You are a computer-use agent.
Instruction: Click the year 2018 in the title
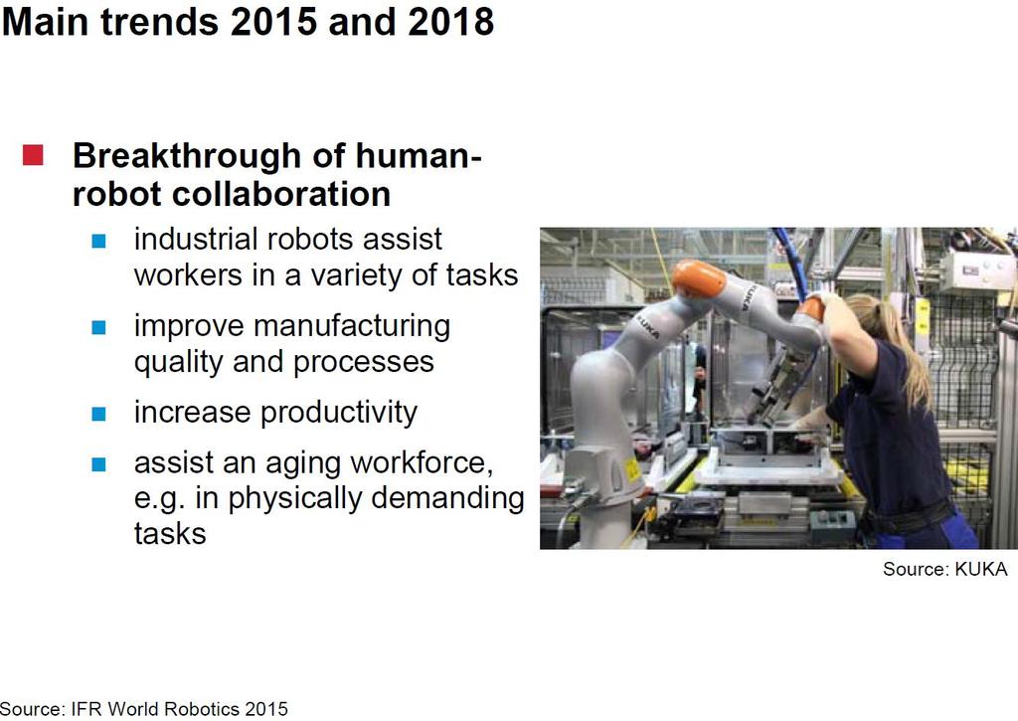[451, 22]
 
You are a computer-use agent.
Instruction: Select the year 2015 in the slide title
[273, 22]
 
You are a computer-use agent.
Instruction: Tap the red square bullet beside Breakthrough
[33, 155]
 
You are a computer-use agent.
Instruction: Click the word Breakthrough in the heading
[187, 156]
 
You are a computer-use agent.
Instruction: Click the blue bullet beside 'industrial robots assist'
[98, 241]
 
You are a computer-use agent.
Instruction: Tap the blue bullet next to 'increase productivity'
[98, 414]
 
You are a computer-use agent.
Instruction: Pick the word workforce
[422, 463]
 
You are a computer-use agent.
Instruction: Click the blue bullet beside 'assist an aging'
[98, 464]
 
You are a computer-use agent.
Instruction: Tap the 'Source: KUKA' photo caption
[944, 569]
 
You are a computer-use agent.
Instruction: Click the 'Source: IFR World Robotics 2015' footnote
[143, 709]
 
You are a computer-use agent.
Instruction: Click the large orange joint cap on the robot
[698, 278]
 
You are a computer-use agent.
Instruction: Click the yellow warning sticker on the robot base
[631, 469]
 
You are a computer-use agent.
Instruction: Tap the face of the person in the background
[699, 374]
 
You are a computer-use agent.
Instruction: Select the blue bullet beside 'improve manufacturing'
[98, 327]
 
